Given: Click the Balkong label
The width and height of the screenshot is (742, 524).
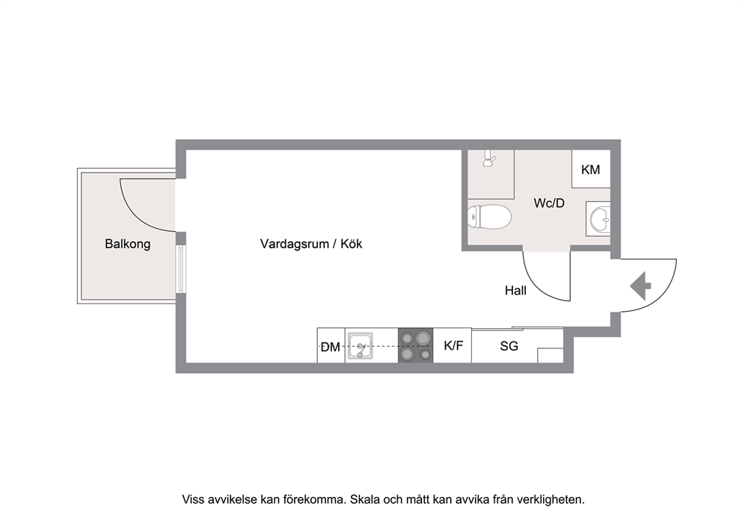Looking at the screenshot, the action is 128,244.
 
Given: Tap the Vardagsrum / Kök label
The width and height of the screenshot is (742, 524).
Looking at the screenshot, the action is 311,244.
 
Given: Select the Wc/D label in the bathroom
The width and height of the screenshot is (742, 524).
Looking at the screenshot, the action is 549,203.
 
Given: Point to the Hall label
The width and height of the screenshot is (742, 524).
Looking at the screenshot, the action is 515,290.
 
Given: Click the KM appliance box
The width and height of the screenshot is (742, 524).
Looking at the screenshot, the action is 591,169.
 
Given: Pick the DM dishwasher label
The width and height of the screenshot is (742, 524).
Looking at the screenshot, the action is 331,347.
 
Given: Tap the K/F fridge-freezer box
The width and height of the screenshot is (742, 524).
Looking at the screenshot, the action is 453,345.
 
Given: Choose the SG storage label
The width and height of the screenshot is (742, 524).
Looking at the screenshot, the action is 509,346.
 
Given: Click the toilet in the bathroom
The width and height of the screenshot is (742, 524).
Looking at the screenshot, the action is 489,217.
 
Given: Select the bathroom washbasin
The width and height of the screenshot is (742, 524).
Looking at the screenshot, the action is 599,218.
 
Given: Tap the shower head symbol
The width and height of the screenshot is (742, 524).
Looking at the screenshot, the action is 489,159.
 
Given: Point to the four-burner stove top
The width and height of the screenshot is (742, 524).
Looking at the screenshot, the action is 415,345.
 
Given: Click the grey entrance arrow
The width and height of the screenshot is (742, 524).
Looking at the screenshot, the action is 641,286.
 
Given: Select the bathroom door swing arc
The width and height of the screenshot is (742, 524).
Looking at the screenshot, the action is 540,286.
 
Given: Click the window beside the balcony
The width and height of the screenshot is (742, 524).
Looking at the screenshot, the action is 181,268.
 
